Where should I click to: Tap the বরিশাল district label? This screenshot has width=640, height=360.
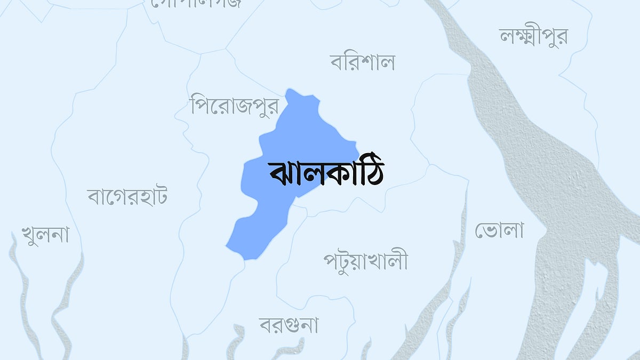tap(362, 62)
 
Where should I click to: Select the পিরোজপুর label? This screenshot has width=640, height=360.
tap(235, 105)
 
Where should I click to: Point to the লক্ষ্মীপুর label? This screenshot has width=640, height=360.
tap(533, 36)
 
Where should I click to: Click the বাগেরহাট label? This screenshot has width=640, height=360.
tap(127, 196)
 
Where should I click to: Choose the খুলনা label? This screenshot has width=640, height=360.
tap(45, 235)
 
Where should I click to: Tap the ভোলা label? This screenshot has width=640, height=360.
tap(499, 230)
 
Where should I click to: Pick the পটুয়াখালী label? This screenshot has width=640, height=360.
tap(365, 261)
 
